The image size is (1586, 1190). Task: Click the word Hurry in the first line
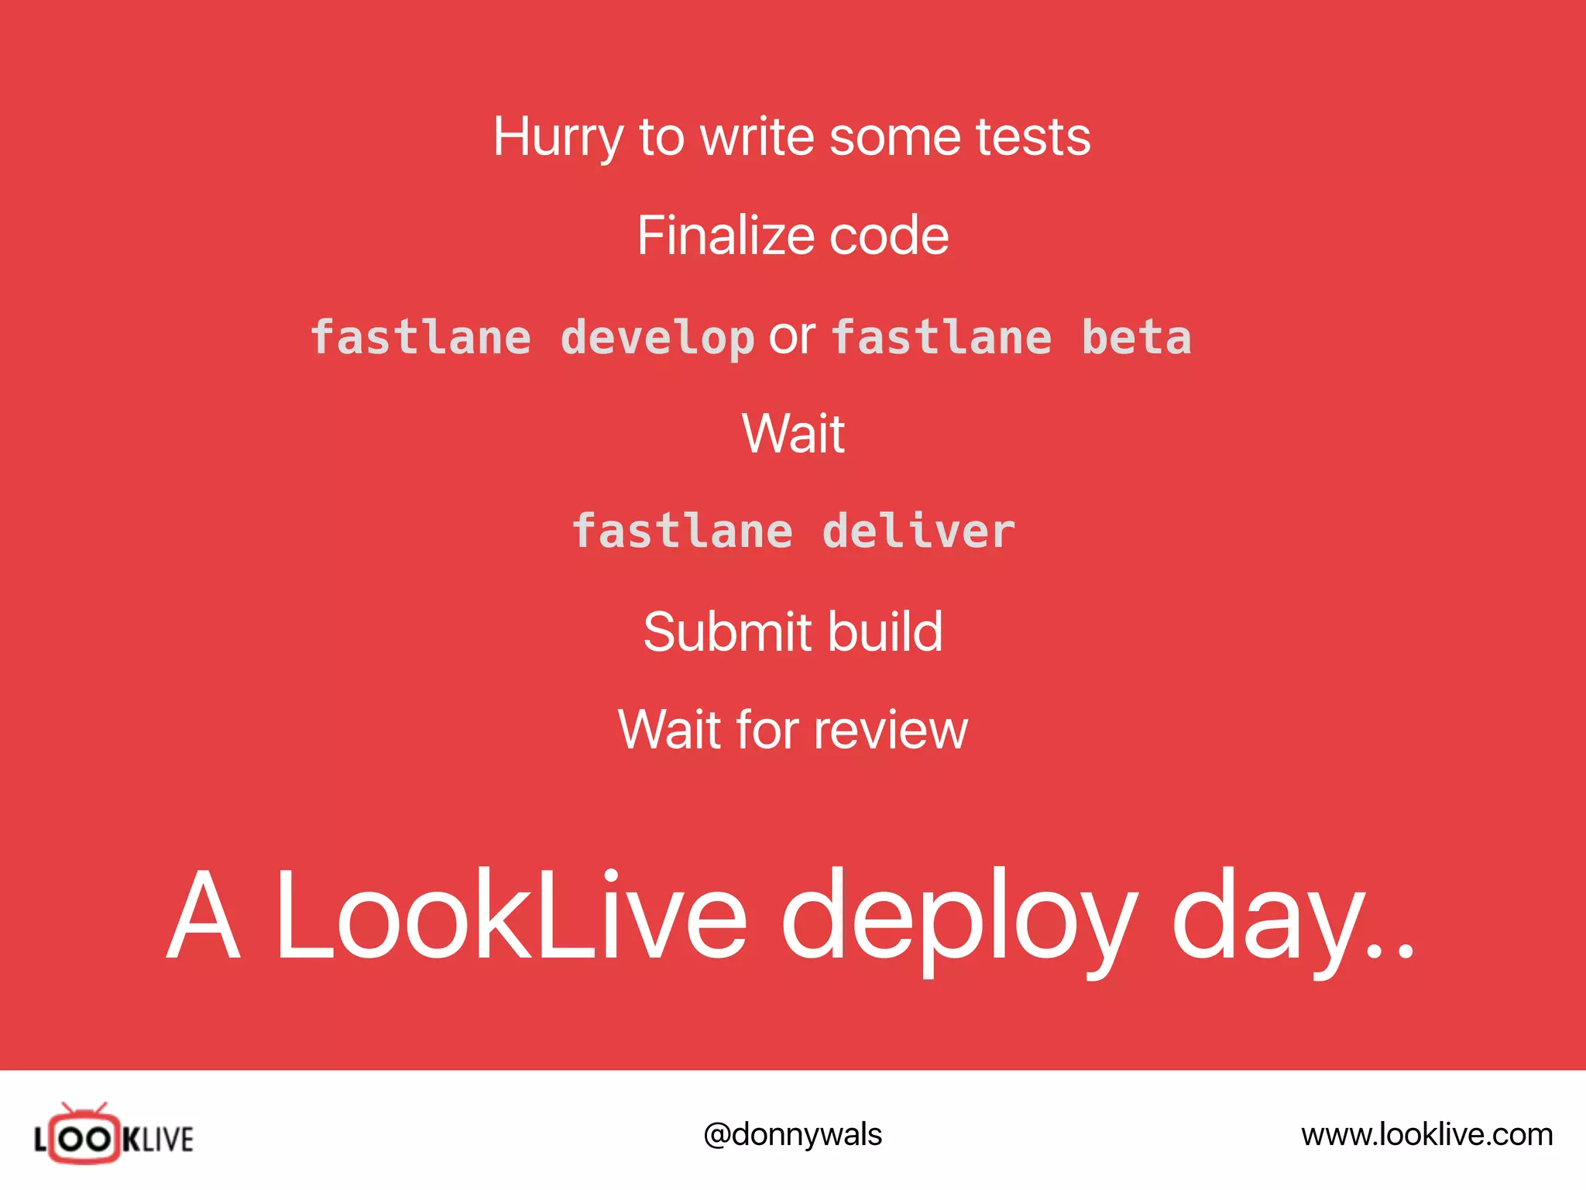558,138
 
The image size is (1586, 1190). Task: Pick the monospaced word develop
657,339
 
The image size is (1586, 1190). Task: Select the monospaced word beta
1136,338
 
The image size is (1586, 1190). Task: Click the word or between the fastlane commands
792,337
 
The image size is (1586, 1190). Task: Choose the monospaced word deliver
918,531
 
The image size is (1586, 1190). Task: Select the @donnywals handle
792,1135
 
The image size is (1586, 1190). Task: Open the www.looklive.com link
1426,1135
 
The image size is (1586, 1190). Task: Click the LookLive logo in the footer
114,1136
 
